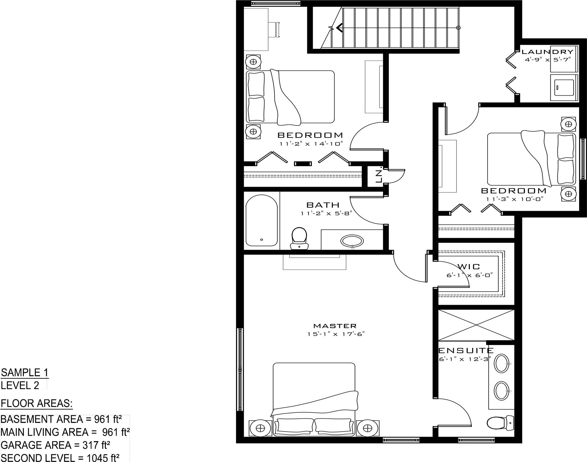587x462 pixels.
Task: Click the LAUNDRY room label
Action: pos(547,52)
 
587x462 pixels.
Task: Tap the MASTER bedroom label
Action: pos(335,326)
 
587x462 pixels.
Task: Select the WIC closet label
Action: pos(469,266)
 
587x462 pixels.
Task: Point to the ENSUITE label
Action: pos(466,350)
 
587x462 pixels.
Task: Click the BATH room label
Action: pos(323,205)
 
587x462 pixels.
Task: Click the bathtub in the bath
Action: pos(262,220)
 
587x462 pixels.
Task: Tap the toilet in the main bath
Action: pos(299,239)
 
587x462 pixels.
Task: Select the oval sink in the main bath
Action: pos(352,241)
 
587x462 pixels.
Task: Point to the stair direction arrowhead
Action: pos(339,28)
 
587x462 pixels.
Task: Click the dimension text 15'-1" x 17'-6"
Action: pos(336,334)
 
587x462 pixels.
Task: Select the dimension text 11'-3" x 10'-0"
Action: pos(515,199)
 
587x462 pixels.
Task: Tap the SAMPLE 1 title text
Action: pos(25,373)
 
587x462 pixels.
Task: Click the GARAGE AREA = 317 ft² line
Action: pos(55,445)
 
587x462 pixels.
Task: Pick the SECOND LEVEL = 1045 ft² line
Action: pos(60,458)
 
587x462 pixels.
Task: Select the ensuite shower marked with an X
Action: pos(476,325)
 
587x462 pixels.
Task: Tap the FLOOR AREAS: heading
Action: pos(37,404)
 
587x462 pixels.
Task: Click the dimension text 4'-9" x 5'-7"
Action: pos(548,60)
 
